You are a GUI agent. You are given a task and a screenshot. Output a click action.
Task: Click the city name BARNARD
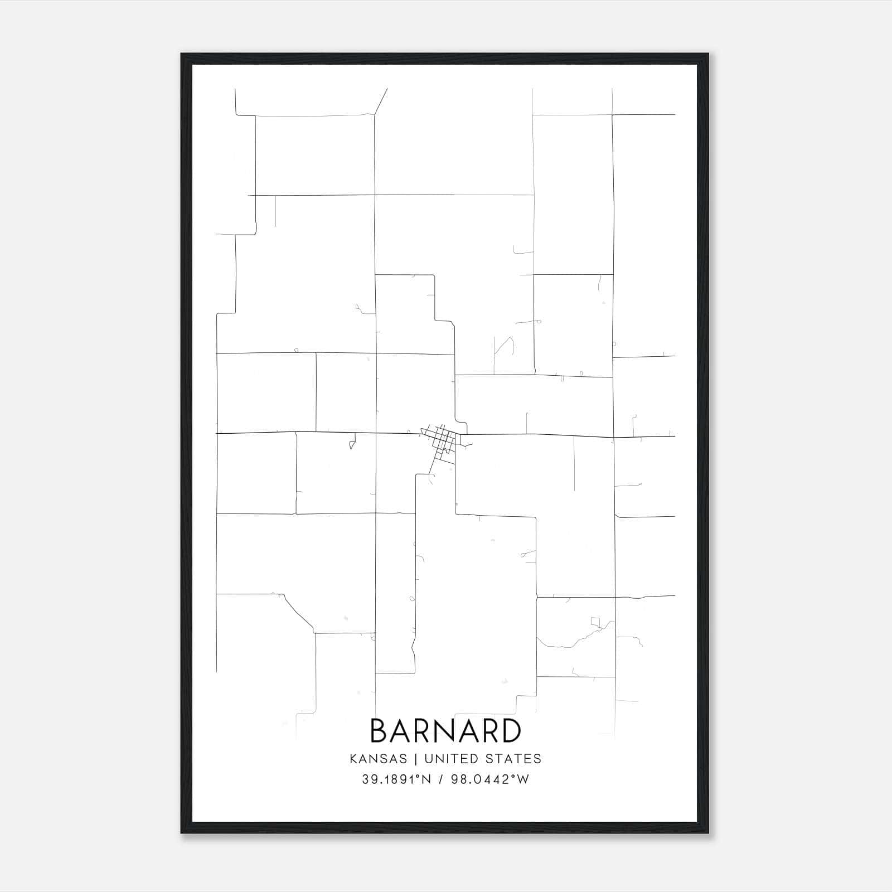pos(445,730)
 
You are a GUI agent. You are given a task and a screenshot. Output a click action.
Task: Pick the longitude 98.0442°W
pos(492,779)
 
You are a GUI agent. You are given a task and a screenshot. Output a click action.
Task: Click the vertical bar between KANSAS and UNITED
pos(418,759)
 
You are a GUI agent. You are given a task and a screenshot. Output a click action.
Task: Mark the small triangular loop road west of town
pos(352,444)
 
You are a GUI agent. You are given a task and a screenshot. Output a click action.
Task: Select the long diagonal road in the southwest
pos(298,613)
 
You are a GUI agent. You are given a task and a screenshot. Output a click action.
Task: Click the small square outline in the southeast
pos(596,621)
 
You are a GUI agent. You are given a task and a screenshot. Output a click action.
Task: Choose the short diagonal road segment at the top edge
pos(381,101)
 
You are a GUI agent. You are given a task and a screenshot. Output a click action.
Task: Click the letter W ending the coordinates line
pos(523,779)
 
